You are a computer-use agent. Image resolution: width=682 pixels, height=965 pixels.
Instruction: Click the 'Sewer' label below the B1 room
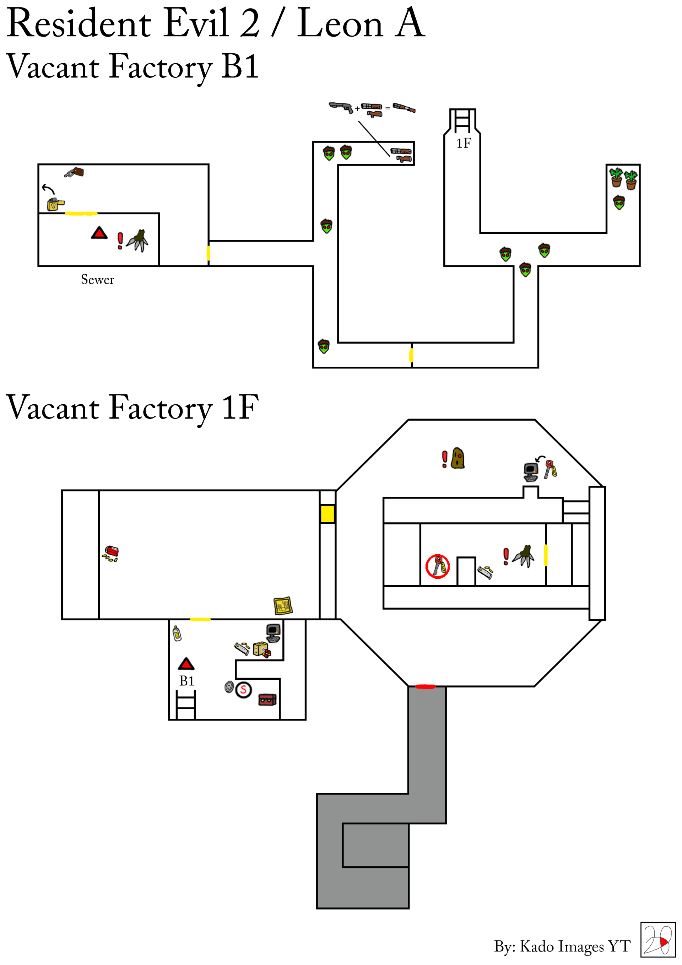click(97, 280)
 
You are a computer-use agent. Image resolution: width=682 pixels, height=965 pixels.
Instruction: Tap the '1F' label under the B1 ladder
click(464, 143)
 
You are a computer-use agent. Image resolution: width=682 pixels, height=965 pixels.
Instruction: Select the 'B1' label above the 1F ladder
click(186, 681)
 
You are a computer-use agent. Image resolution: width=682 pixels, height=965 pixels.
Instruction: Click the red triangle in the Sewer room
click(99, 234)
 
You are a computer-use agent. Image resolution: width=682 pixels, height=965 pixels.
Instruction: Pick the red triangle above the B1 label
click(186, 664)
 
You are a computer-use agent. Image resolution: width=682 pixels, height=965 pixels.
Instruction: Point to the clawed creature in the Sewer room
click(138, 241)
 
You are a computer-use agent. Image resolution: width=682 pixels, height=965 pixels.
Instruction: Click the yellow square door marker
click(328, 514)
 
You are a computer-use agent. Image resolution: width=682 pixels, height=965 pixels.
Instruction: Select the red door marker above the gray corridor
click(425, 687)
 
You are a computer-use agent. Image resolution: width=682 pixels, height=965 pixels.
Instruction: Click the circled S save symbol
click(243, 690)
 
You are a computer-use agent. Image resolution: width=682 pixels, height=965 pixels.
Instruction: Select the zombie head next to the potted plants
click(619, 203)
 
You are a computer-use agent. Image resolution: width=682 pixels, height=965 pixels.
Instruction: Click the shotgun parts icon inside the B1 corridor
click(401, 155)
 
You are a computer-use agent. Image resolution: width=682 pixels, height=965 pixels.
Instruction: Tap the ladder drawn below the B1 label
click(185, 705)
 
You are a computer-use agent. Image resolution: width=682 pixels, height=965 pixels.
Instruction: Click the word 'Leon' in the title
click(340, 24)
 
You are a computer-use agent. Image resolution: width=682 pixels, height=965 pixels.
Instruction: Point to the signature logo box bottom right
click(657, 940)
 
